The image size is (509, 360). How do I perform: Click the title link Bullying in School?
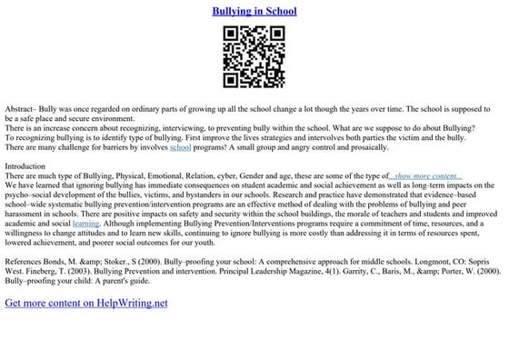point(254,12)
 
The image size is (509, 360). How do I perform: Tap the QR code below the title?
point(254,57)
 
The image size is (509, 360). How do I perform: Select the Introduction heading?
point(25,166)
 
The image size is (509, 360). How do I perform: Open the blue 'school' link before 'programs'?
point(180,146)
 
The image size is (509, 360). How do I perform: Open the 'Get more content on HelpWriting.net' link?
point(86,302)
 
